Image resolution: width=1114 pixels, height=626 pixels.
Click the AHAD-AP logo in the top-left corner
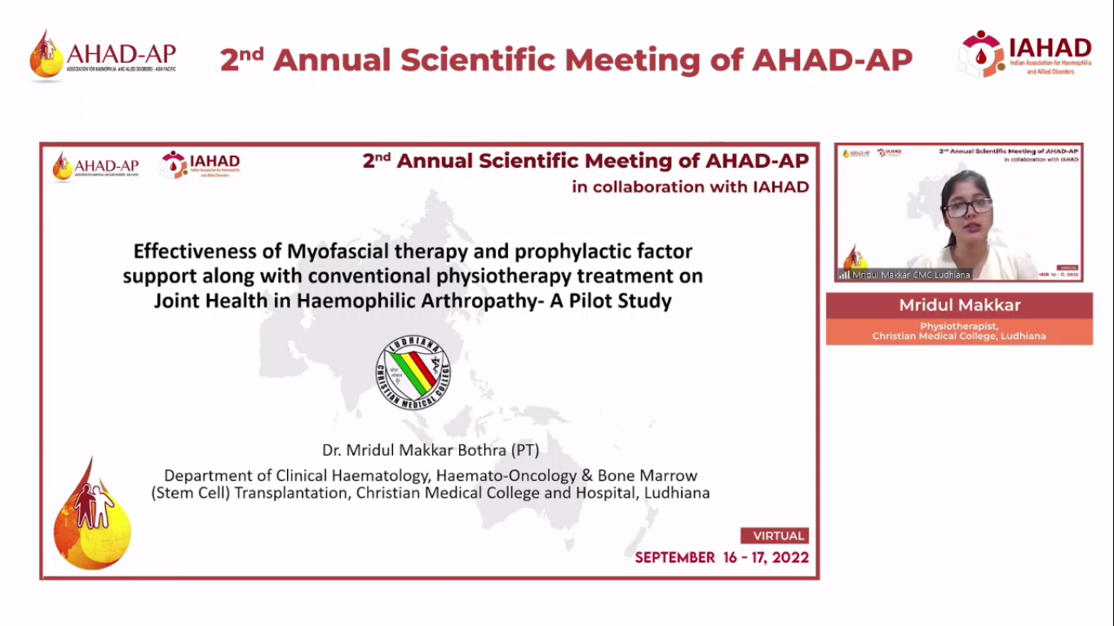[x=103, y=55]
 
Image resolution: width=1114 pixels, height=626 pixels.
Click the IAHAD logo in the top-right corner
[x=1024, y=55]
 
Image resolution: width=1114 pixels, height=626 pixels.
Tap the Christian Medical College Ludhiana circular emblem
[x=413, y=373]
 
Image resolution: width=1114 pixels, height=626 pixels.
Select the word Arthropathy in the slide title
[x=484, y=301]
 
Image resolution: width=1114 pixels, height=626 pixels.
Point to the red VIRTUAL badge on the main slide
[x=774, y=536]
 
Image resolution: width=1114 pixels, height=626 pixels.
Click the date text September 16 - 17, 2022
[x=722, y=558]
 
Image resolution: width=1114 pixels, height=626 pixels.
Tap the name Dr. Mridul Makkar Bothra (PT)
[x=431, y=450]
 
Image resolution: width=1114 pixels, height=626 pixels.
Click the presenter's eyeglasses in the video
[x=967, y=208]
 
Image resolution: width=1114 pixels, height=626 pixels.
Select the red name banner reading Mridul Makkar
[x=959, y=306]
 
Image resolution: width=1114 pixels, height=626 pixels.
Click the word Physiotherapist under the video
[x=959, y=326]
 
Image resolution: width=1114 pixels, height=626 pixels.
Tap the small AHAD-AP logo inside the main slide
[x=95, y=166]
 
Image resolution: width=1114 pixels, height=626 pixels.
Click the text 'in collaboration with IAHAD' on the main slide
[x=690, y=187]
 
